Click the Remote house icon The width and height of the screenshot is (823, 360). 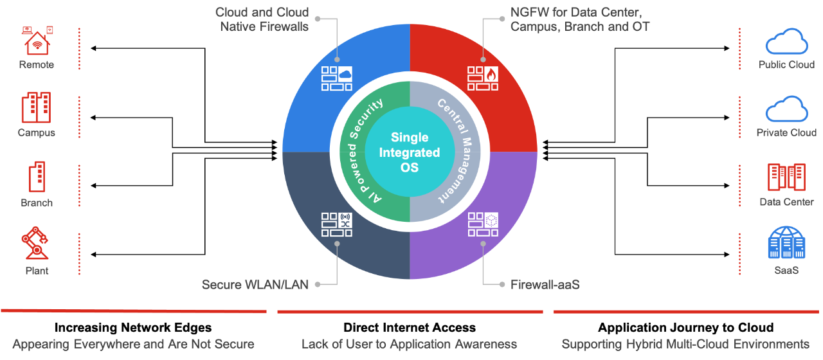37,40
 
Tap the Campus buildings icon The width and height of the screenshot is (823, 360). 36,107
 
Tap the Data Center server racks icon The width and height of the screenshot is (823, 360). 786,177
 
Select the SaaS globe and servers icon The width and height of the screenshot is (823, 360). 786,243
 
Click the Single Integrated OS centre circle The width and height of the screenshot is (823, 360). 410,152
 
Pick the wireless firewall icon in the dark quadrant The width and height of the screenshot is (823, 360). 337,225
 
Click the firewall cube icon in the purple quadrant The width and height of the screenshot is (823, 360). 482,225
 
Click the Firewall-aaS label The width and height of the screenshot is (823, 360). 545,284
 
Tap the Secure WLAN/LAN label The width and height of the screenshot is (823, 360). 255,284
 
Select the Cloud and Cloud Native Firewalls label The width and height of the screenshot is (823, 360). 262,19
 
